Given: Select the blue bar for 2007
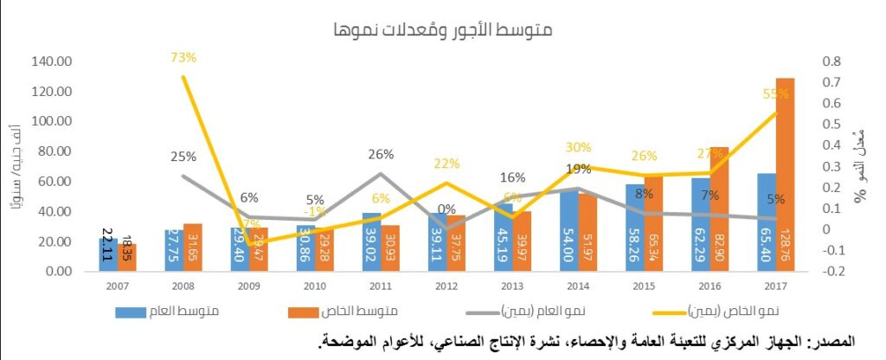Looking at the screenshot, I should point(108,254).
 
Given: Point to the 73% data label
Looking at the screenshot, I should point(183,58).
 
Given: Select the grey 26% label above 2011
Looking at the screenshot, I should point(381,154).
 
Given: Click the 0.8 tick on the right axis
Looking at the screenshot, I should point(831,62).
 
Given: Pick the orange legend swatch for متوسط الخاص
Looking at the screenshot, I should point(306,311).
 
